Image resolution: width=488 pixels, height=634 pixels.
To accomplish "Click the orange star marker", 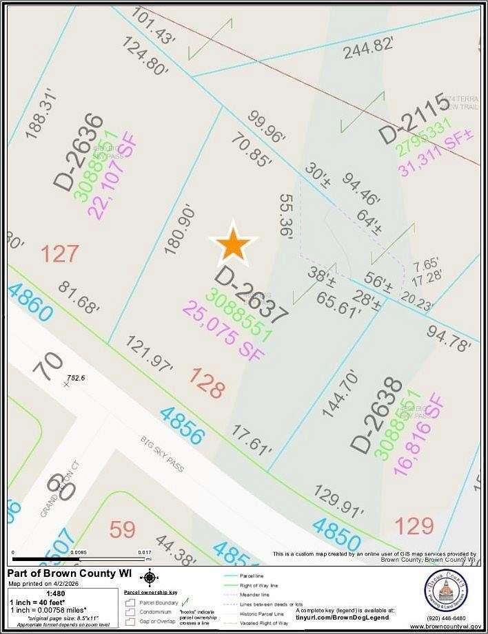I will (x=234, y=244).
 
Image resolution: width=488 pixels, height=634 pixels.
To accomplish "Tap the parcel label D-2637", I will (x=251, y=295).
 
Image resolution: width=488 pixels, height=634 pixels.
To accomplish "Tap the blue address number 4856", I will (x=182, y=425).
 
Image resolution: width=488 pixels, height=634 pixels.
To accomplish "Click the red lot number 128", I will (x=207, y=383).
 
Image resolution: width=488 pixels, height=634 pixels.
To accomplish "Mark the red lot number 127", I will (x=59, y=253).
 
